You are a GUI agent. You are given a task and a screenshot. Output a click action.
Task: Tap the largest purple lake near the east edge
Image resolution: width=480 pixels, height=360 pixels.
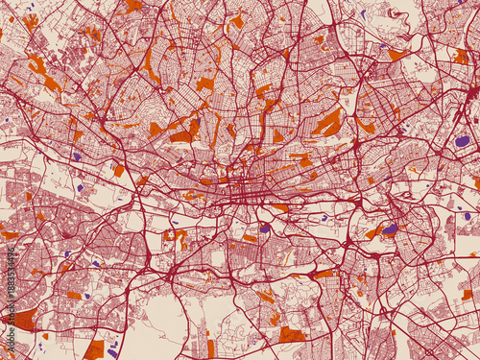[462, 140]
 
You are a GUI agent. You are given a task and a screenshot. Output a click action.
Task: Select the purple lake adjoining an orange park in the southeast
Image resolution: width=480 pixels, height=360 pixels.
[389, 228]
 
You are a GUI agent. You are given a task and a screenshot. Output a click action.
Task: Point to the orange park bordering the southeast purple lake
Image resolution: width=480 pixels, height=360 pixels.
[374, 232]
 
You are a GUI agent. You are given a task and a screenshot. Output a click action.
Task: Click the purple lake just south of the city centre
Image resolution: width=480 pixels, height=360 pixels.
[265, 228]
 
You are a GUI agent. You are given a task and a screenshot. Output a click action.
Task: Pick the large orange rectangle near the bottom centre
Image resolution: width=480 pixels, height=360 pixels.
[292, 334]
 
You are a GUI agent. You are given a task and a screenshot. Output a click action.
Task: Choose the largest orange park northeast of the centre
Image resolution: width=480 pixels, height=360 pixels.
[327, 122]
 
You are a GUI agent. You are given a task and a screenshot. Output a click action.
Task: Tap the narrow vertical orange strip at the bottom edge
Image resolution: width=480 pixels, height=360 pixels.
[210, 348]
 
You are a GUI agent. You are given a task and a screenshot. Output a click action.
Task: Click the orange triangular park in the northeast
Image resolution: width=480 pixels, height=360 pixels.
[397, 55]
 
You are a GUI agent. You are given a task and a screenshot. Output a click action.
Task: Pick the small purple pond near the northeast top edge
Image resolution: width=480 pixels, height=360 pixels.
[363, 14]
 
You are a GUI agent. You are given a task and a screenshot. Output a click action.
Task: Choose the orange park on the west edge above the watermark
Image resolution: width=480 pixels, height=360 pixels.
[9, 234]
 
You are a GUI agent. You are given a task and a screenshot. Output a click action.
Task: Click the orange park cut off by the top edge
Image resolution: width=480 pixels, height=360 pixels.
[132, 5]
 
